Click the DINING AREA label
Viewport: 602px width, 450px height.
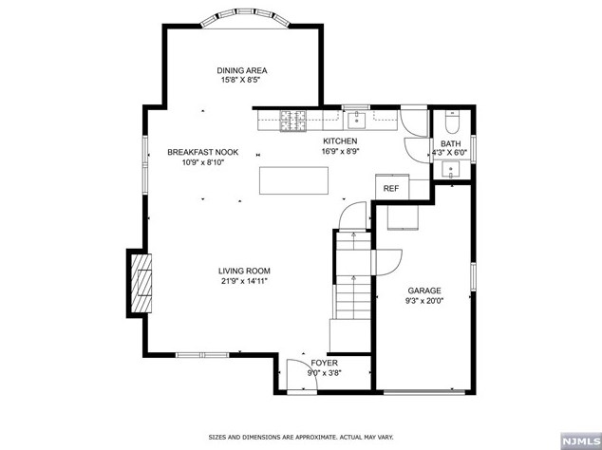pyautogui.click(x=241, y=70)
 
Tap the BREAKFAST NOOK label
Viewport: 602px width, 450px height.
pyautogui.click(x=202, y=152)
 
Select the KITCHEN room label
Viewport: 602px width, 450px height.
pyautogui.click(x=339, y=141)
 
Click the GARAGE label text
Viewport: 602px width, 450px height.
pyautogui.click(x=424, y=291)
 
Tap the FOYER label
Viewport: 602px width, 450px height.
pyautogui.click(x=325, y=363)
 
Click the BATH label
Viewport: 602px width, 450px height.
pyautogui.click(x=450, y=143)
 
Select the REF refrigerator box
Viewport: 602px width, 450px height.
pyautogui.click(x=390, y=188)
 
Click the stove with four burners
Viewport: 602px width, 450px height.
pyautogui.click(x=292, y=120)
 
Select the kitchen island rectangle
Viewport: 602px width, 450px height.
pyautogui.click(x=293, y=180)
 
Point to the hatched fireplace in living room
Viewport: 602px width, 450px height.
pyautogui.click(x=140, y=283)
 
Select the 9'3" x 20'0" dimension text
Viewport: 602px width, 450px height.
pyautogui.click(x=424, y=301)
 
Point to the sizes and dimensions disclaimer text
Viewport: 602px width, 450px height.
pyautogui.click(x=301, y=437)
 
